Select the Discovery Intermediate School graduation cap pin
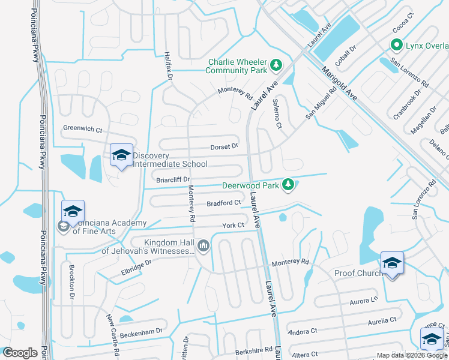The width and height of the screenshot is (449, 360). tap(121, 155)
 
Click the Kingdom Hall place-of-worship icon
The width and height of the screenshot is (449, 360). tap(203, 245)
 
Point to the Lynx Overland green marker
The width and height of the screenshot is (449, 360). tap(396, 45)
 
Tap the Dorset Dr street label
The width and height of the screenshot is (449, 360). tap(224, 146)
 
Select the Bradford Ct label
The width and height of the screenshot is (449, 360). tap(223, 203)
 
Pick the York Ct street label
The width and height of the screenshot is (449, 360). tap(233, 226)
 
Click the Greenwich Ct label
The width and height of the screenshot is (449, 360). tap(83, 128)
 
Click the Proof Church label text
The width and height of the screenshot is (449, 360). tap(358, 274)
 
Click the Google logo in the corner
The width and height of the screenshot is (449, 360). tap(20, 353)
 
